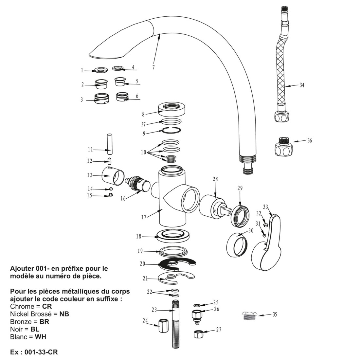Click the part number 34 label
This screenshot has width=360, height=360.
tap(302, 85)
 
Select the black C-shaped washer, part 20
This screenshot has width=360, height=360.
tap(177, 264)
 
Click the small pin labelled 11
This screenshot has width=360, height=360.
tap(110, 144)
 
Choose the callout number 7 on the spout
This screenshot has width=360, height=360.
tap(153, 67)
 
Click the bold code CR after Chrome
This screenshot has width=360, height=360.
tap(47, 306)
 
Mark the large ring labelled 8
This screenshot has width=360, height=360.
tap(172, 109)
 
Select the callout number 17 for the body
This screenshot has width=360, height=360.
tap(143, 217)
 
